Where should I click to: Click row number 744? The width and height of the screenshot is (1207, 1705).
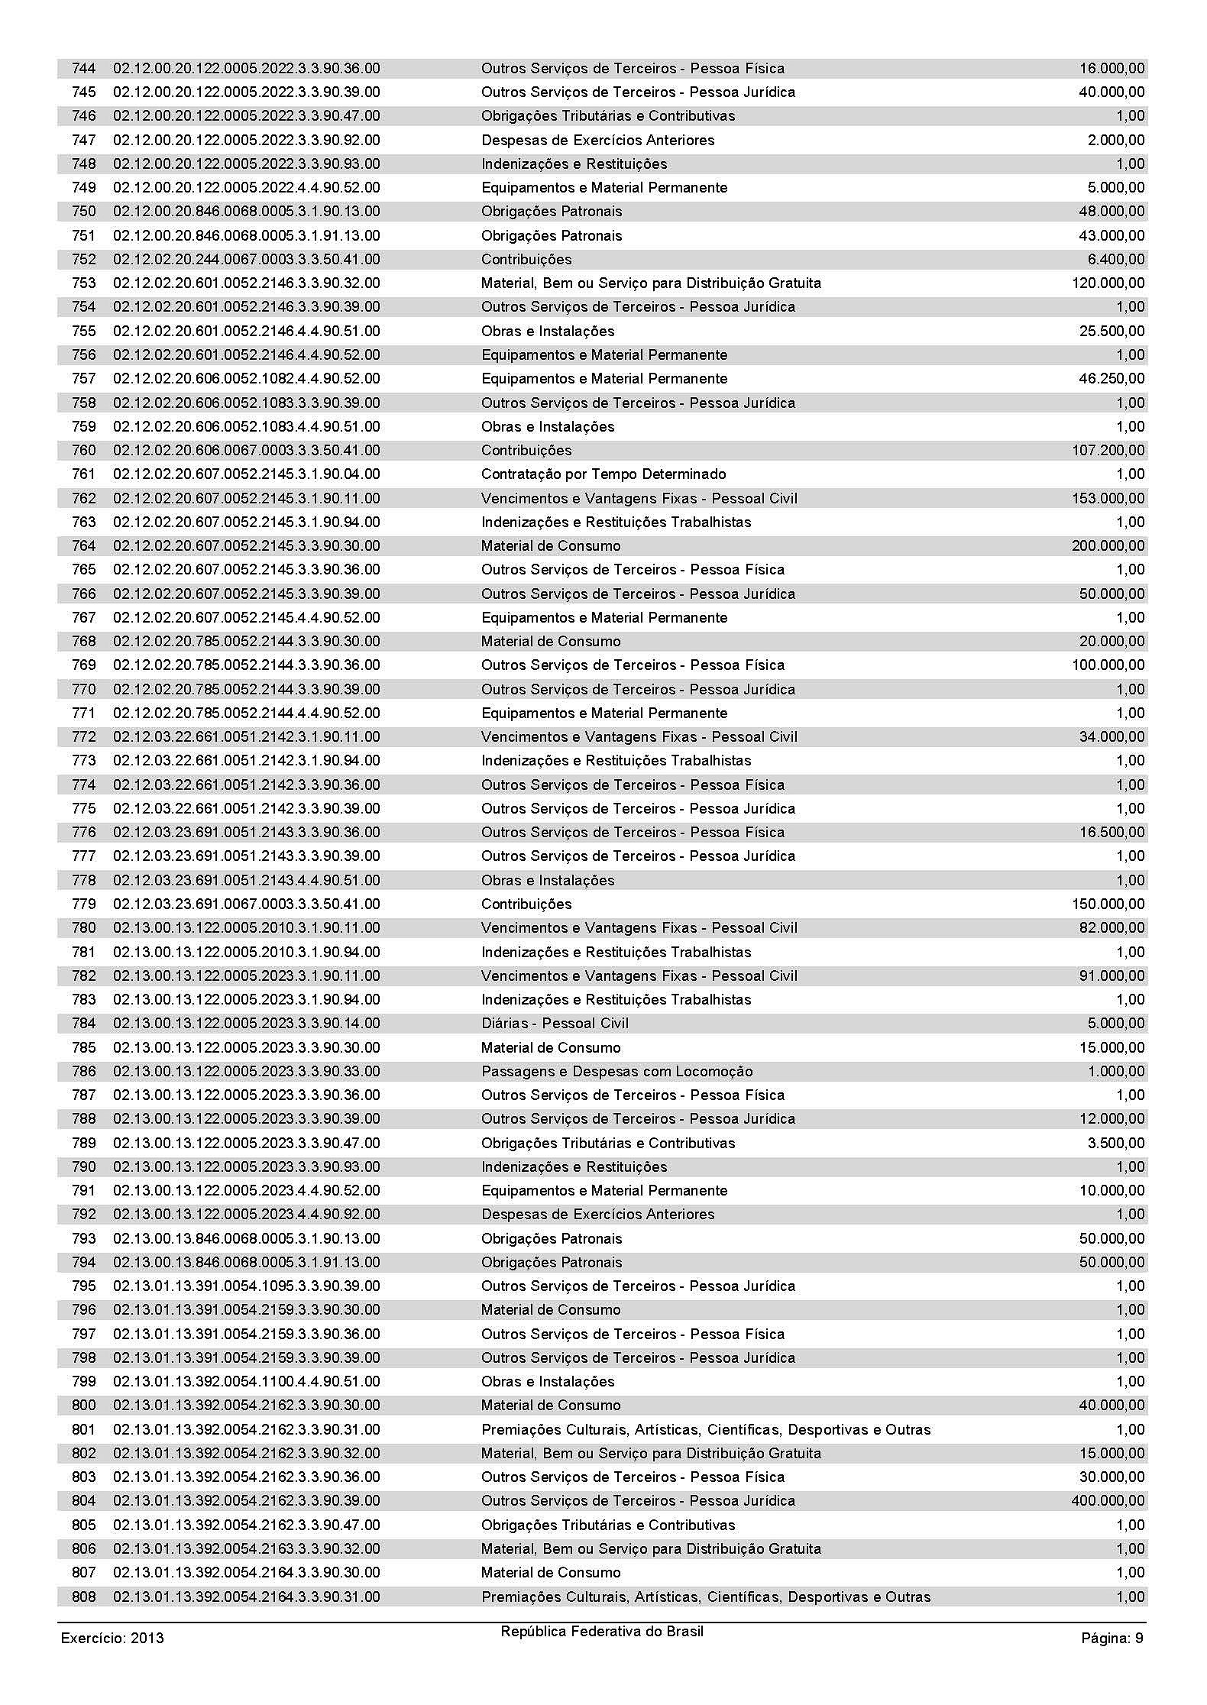(84, 69)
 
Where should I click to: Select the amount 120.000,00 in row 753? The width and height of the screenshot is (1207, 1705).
(1108, 283)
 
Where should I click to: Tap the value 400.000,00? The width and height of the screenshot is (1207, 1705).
(1108, 1501)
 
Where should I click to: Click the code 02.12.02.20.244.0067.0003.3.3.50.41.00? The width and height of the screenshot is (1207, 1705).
(246, 260)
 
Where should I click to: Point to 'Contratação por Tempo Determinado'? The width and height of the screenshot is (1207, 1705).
(603, 474)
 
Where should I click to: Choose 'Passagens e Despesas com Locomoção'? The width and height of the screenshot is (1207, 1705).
(616, 1072)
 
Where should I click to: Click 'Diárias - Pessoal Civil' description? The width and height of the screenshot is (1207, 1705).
(555, 1024)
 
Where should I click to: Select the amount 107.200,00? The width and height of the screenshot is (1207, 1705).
(1108, 451)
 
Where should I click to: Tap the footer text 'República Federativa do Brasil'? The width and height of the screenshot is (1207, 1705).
(602, 1631)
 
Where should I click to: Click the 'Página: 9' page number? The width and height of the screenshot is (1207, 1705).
(1112, 1638)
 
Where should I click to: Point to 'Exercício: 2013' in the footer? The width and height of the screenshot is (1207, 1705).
(112, 1638)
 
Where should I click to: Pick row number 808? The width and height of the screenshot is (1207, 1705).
(84, 1597)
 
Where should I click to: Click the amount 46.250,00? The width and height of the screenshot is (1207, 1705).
(1112, 379)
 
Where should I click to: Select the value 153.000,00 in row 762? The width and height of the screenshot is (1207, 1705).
(1108, 499)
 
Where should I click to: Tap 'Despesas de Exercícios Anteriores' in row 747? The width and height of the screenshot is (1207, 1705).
(597, 141)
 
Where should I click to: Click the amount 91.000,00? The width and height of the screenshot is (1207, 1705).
(1112, 976)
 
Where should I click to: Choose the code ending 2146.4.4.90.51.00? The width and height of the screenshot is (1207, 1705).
(246, 332)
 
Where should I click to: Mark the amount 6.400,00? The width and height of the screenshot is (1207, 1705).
(1115, 260)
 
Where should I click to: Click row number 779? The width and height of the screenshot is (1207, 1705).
(84, 904)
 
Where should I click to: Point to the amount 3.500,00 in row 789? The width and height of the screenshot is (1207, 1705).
(1115, 1144)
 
